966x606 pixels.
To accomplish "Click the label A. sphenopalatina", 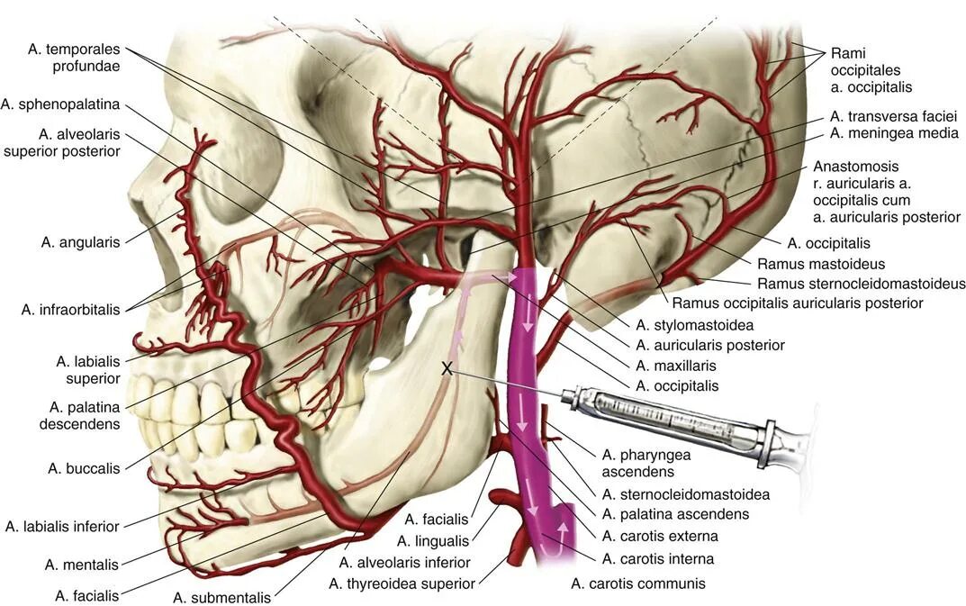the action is click(60, 104).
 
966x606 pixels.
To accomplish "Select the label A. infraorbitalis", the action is click(70, 310).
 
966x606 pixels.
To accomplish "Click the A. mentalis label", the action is click(82, 565).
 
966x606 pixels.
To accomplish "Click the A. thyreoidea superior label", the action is click(402, 583).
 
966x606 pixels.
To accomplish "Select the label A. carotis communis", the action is click(637, 583).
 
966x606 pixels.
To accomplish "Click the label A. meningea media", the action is click(893, 133).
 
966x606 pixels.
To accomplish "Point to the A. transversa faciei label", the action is click(893, 116).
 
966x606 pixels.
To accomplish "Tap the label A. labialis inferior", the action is click(62, 526).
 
